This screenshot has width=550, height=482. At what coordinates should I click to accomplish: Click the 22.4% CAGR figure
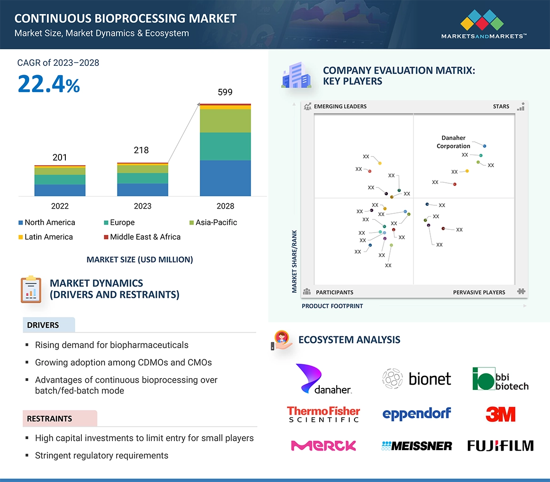coord(49,84)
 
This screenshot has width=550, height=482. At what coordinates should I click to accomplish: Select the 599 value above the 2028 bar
coord(225,92)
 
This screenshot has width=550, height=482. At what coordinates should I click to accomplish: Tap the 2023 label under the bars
coord(142,206)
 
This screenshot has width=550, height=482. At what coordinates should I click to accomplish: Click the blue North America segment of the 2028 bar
coord(225,178)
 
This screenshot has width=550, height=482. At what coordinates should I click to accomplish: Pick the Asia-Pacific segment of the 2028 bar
coord(225,121)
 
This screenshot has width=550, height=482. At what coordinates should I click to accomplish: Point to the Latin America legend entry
coord(46,237)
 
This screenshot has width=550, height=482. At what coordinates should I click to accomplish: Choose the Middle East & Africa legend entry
coord(142,237)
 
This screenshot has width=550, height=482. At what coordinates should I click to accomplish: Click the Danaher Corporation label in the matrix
coord(453,142)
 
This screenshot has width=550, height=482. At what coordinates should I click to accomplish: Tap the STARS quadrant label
coord(501,106)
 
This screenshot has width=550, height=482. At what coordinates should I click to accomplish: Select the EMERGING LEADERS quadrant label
coord(340,106)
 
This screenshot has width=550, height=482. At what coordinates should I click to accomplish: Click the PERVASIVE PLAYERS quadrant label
coord(479,292)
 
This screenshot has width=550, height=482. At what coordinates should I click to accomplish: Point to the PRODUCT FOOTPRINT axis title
coord(332,306)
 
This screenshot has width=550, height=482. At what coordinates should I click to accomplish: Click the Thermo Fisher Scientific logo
coord(323,414)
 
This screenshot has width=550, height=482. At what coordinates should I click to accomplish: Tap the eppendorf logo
coord(416,414)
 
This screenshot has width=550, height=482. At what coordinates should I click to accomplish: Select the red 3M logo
coord(500,414)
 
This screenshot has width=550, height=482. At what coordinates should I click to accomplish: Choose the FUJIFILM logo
coord(500,445)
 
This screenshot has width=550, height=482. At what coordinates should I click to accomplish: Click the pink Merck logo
coord(323,445)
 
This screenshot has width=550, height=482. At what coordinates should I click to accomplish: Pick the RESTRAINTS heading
coord(49,419)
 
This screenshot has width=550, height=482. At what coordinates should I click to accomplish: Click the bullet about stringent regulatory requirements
coord(102,455)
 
